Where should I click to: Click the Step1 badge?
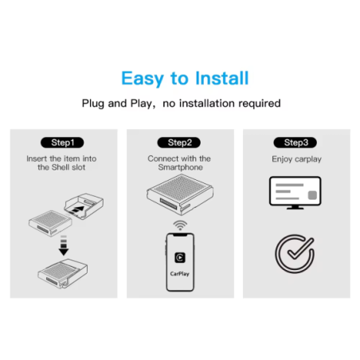click(x=62, y=143)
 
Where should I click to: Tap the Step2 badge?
click(x=179, y=143)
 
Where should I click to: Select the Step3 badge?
click(x=295, y=143)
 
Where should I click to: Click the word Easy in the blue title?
click(x=143, y=79)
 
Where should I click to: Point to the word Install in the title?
click(x=222, y=78)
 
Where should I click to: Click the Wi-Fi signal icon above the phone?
click(x=180, y=225)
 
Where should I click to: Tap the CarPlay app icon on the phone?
click(x=180, y=257)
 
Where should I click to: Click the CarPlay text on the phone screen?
click(x=180, y=274)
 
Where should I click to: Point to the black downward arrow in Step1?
click(x=64, y=245)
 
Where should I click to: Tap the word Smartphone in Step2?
click(x=181, y=167)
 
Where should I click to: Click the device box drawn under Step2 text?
click(x=180, y=194)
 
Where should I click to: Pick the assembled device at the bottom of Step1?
click(x=63, y=274)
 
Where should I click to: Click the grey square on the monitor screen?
click(x=312, y=195)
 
